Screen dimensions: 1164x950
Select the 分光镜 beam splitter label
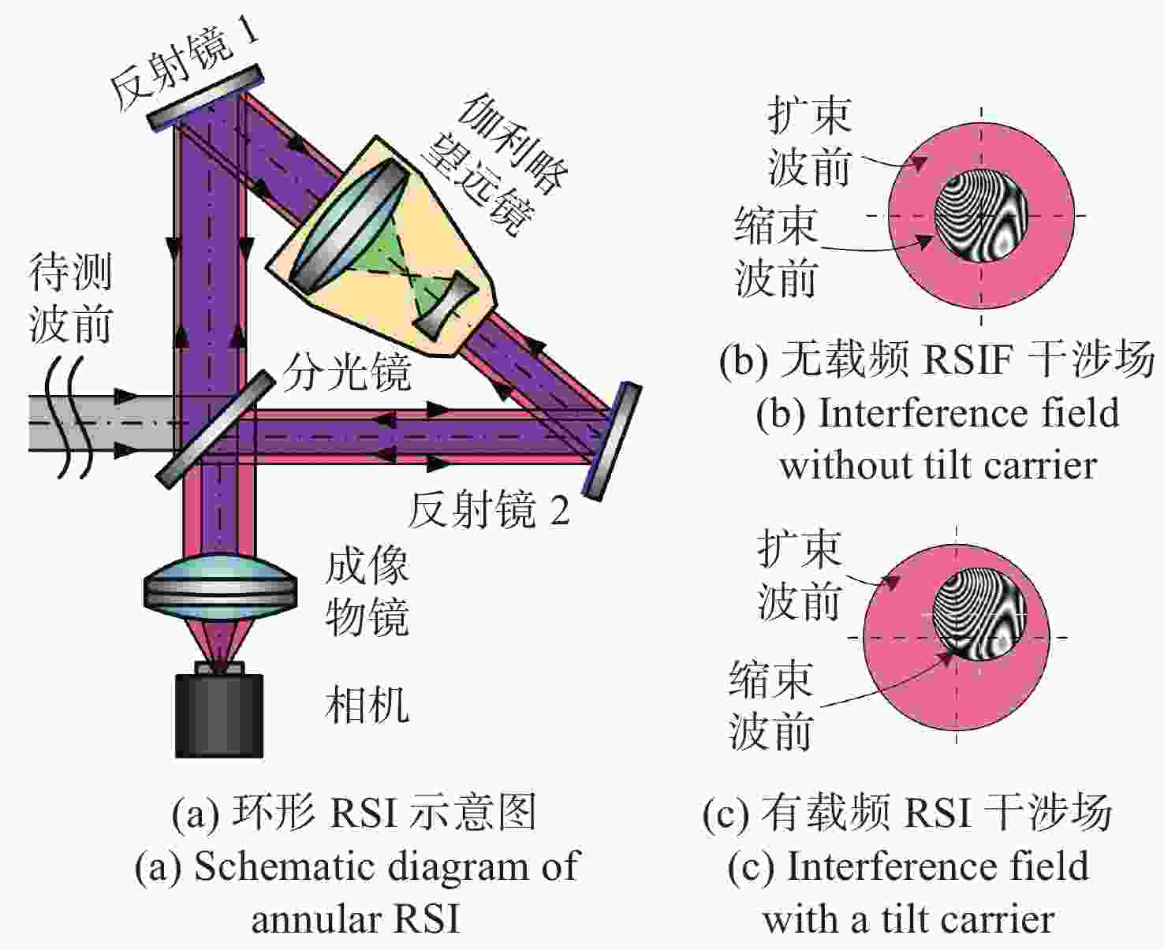pos(347,371)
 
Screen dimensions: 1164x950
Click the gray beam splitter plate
pos(215,429)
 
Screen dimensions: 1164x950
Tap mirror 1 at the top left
pos(205,97)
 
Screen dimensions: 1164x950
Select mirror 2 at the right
pos(612,441)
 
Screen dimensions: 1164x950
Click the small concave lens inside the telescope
pos(446,303)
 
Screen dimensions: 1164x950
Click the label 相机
pos(367,705)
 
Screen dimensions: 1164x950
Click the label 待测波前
pos(71,298)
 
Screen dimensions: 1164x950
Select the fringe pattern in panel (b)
pos(981,216)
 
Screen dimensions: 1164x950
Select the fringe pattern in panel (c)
pos(979,613)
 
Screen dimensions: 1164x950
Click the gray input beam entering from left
pos(101,423)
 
